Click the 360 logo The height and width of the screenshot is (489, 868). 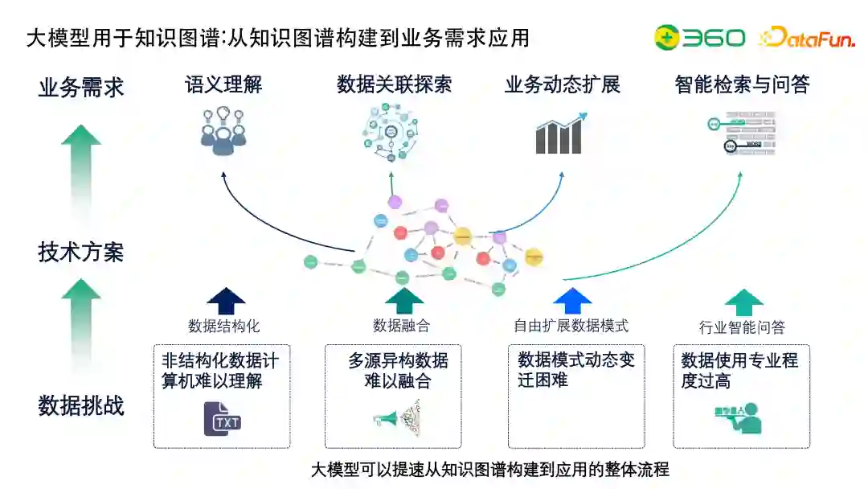[x=698, y=37]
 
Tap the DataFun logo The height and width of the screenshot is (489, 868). [x=806, y=37]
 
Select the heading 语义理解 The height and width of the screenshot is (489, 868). [x=223, y=84]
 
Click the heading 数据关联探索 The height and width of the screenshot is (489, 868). [x=394, y=84]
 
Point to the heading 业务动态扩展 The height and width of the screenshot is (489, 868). [x=563, y=84]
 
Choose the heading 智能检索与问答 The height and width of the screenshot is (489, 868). [x=742, y=84]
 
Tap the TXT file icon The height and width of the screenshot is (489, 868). [x=223, y=419]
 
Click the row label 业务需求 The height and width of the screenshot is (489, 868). [x=81, y=88]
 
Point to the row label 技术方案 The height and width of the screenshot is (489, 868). [x=81, y=253]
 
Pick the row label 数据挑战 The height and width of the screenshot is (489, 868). [x=81, y=406]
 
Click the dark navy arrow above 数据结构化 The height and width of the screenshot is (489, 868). [x=226, y=301]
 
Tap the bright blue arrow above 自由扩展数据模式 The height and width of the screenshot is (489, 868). [x=572, y=301]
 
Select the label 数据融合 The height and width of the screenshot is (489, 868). [x=401, y=326]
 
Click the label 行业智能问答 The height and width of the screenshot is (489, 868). [x=742, y=327]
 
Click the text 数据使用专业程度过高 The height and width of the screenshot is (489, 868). [x=739, y=371]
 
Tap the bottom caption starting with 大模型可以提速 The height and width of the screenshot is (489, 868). [x=489, y=470]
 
